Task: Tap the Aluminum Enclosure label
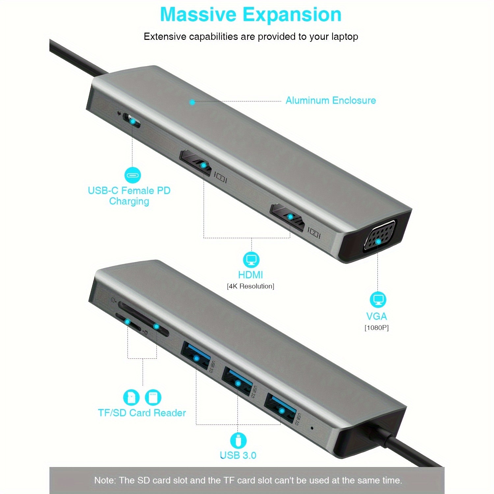(331, 100)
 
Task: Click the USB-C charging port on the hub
(132, 121)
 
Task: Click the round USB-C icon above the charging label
(132, 175)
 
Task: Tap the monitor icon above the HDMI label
(251, 259)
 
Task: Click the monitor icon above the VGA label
(378, 299)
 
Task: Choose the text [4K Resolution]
(250, 286)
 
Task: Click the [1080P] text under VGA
(376, 328)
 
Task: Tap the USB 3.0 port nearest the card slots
(196, 356)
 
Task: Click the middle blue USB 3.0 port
(237, 381)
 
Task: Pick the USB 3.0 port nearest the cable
(281, 408)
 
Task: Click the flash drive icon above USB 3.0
(238, 440)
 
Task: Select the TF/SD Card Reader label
(142, 413)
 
